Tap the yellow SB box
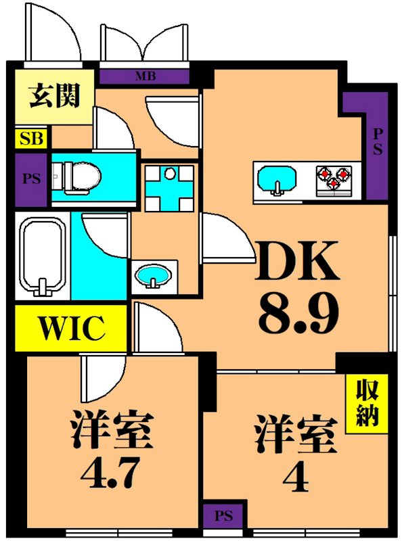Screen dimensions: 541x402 [x=31, y=140]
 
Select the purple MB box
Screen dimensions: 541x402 [x=145, y=76]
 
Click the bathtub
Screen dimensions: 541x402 [x=42, y=257]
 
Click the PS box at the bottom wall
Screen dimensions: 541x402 [x=223, y=517]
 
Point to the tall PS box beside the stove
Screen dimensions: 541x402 [x=376, y=145]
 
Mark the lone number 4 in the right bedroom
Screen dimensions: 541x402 [x=295, y=477]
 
